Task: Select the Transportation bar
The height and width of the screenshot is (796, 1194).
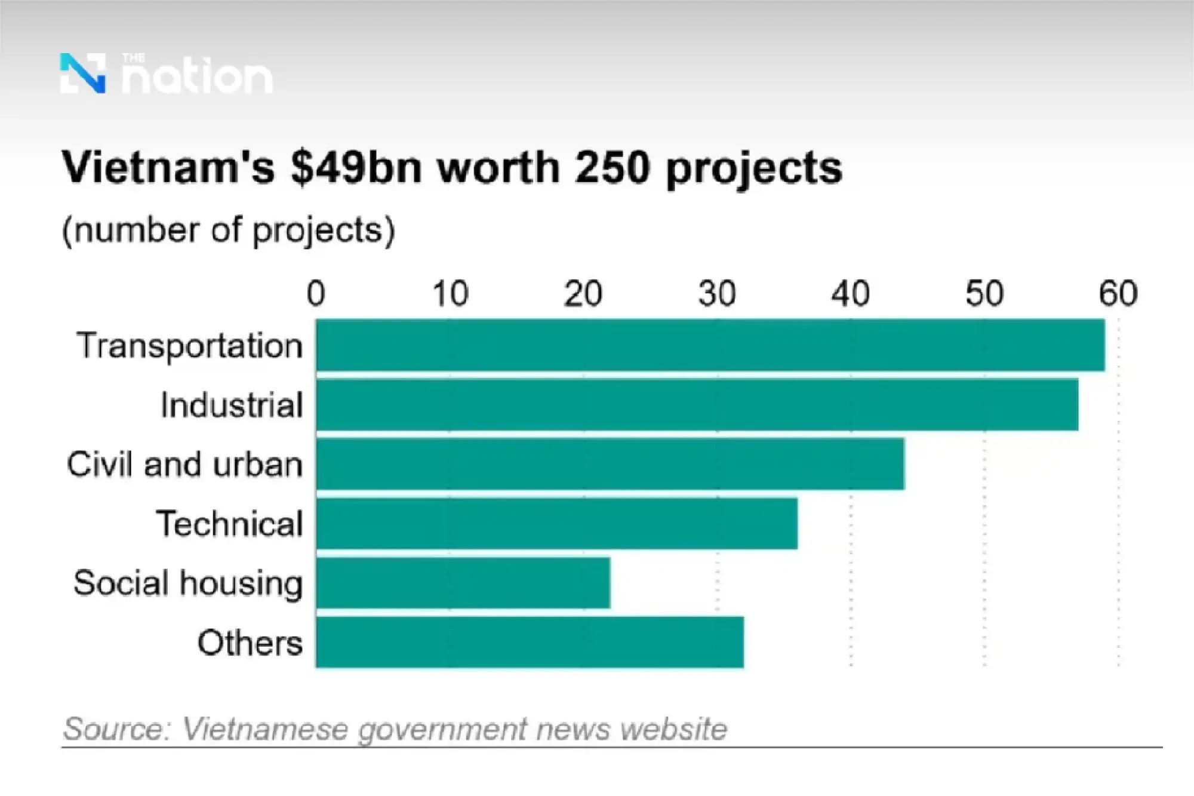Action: coord(710,345)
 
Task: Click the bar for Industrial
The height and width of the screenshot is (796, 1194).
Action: coord(697,404)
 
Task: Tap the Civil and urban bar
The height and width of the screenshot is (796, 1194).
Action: coord(610,464)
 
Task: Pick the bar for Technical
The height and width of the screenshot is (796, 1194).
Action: coord(556,523)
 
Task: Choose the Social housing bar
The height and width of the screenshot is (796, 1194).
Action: coord(463,583)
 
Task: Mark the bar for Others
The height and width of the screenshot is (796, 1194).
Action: coord(530,642)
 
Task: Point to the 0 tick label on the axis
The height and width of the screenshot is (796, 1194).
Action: coord(316,294)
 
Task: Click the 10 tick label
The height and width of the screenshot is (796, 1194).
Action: coord(450,294)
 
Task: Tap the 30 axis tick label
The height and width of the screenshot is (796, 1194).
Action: coord(717,294)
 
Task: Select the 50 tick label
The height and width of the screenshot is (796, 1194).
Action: coord(984,294)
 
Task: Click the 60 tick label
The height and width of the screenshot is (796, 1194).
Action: coord(1118,294)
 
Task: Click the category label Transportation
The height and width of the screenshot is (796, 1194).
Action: coord(190,346)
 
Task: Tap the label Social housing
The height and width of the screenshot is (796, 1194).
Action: coord(188,583)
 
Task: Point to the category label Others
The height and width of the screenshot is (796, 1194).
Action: coord(250,643)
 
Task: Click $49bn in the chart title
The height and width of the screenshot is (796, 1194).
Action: coord(356,168)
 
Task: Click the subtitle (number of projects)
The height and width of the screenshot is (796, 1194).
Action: coord(228,230)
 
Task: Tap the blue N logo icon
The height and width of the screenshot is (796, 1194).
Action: coord(83,73)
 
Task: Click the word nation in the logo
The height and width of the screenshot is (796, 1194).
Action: coord(197,77)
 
